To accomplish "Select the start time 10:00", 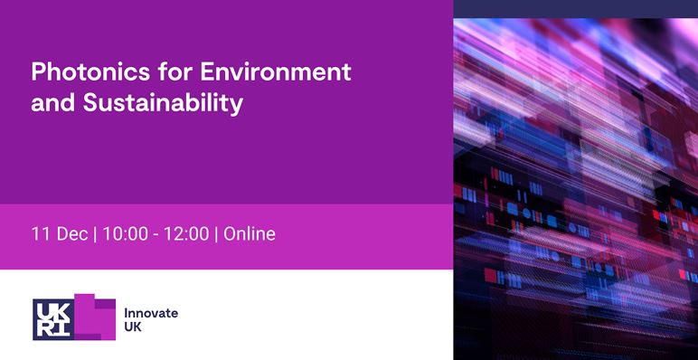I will tap(127, 234).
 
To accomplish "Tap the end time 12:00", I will tap(185, 234).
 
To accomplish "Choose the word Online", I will tap(250, 234).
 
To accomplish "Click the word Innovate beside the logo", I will tap(151, 313).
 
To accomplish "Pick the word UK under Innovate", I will tap(133, 327).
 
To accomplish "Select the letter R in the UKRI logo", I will tap(43, 328).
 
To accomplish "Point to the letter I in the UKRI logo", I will tap(60, 328).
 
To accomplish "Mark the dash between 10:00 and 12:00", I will tap(156, 235).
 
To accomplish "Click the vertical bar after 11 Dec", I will tap(95, 234).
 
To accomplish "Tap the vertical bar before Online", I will tap(216, 234).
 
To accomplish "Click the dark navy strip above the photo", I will tap(575, 8).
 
